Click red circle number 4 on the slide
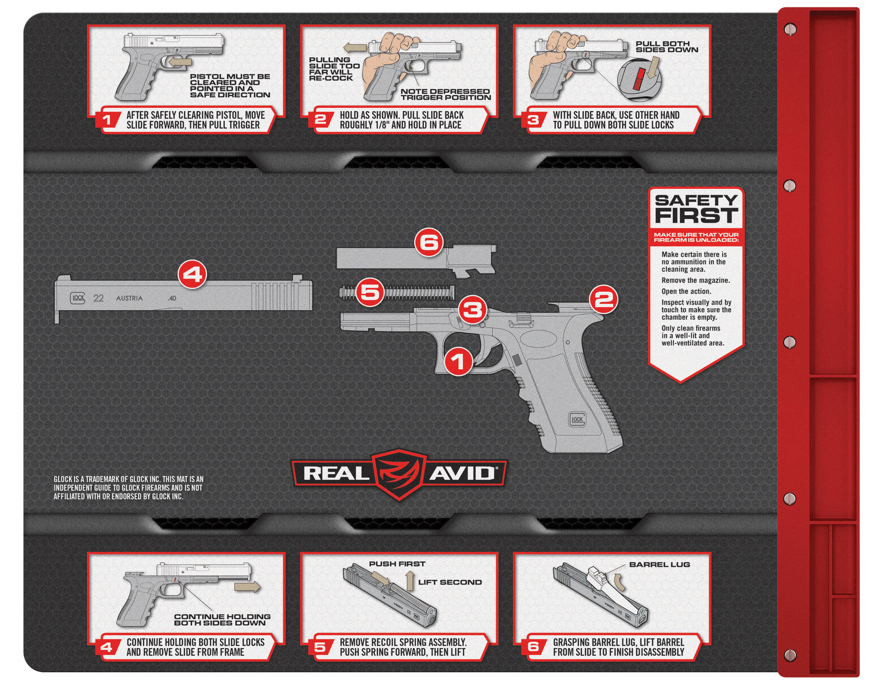coord(192,275)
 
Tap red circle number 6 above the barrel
coord(429,243)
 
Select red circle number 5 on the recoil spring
coord(370,292)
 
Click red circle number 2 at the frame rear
coord(604,299)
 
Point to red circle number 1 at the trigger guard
coord(458,361)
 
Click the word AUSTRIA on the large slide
coord(129,299)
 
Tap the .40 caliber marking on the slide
coord(172,299)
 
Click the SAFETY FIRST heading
coord(696,209)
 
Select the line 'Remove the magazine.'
coord(695,280)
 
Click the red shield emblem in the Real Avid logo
coord(399,474)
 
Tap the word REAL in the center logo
coord(336,473)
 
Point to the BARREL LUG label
coord(659,565)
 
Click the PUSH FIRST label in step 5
coord(397,564)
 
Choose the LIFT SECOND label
coord(450,582)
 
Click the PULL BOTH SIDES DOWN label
coord(667,47)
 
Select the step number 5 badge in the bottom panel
coord(320,647)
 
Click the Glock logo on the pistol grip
coord(577,419)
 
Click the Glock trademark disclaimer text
coord(128,488)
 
